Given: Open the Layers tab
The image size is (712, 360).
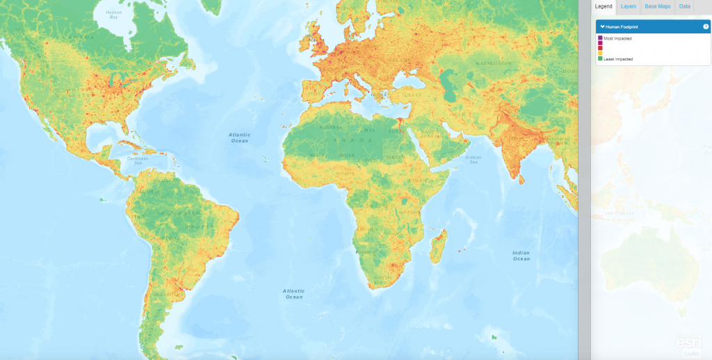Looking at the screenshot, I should click(629, 6).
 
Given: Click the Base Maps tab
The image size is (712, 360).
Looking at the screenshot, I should click(657, 6).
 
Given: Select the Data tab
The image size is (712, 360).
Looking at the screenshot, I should click(685, 6).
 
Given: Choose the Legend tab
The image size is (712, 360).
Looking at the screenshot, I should click(604, 6).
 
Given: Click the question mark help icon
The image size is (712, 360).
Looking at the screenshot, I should click(706, 26).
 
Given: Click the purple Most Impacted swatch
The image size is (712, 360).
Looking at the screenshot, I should click(600, 38).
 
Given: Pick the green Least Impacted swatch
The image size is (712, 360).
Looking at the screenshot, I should click(600, 59).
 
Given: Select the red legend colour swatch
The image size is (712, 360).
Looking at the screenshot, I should click(600, 49).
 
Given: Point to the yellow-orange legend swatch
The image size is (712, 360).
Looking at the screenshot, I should click(600, 54).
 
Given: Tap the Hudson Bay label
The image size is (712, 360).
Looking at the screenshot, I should click(109, 15).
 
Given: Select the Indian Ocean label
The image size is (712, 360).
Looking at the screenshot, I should click(521, 255).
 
